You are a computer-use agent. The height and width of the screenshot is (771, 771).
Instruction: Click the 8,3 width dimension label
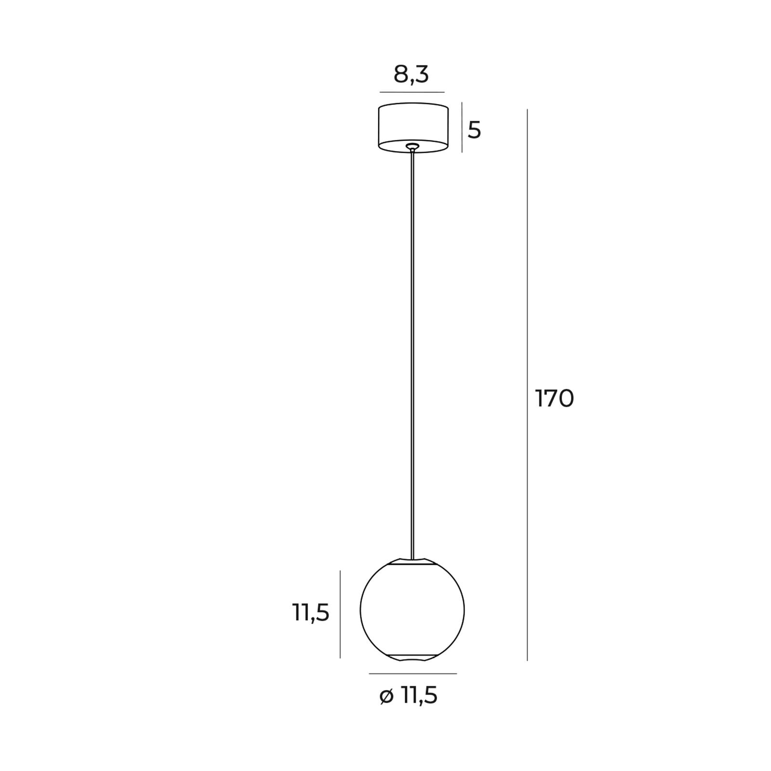411,75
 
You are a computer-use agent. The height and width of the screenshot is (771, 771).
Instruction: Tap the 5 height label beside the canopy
474,130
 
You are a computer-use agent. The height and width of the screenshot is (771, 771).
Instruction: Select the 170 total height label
555,399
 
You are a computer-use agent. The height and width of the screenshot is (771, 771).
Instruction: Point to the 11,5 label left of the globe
311,613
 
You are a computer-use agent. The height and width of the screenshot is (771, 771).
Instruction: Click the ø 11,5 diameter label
409,695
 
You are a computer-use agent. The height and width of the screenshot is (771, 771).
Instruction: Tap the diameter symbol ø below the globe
386,696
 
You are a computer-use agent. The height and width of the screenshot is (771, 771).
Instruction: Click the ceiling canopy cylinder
413,127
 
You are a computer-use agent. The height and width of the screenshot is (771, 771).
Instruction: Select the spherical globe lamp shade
412,610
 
